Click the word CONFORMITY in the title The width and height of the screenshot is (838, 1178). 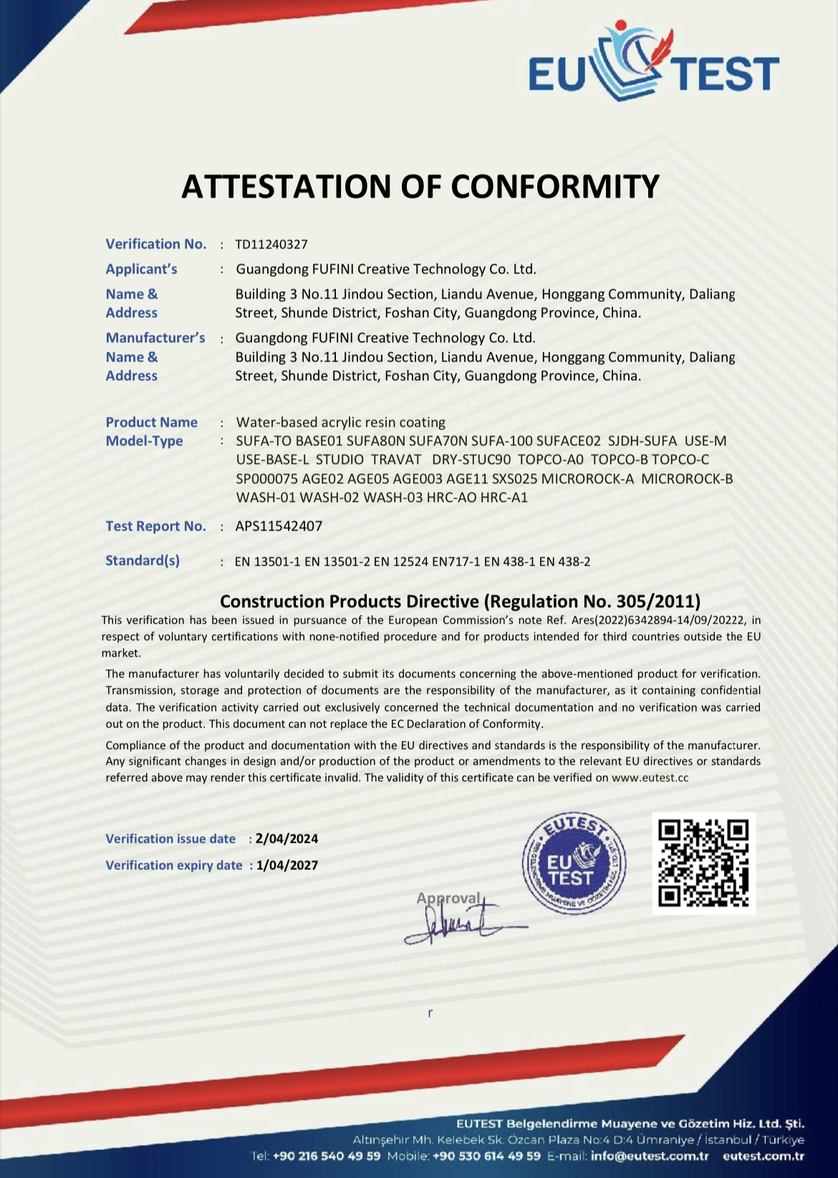click(x=555, y=187)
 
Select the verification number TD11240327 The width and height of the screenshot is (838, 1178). click(x=271, y=245)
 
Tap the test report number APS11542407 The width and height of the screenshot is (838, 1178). click(x=279, y=526)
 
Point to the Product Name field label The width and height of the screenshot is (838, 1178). click(x=151, y=423)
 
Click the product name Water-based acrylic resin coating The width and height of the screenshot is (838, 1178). click(x=340, y=423)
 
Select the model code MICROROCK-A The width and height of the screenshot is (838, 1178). click(x=587, y=478)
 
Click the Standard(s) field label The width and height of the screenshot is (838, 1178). click(x=143, y=561)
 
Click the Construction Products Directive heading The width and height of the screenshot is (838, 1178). click(x=460, y=602)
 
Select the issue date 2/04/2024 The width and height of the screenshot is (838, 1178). click(x=286, y=839)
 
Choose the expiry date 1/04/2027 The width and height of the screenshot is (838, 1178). click(x=286, y=865)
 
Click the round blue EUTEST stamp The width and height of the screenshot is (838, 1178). click(x=574, y=864)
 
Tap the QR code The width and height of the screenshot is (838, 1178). click(x=703, y=863)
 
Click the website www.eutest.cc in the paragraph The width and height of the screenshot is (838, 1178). click(x=650, y=778)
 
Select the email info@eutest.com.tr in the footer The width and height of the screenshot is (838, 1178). click(x=649, y=1156)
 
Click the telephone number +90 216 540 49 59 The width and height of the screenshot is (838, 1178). click(x=327, y=1156)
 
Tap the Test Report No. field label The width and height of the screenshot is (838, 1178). click(x=155, y=526)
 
